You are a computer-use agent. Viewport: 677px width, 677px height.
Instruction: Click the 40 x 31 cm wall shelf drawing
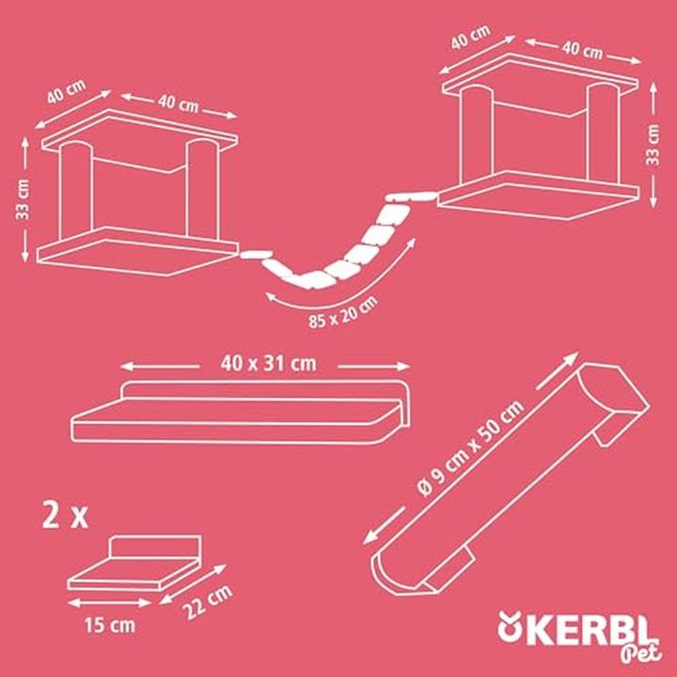(x=244, y=418)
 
